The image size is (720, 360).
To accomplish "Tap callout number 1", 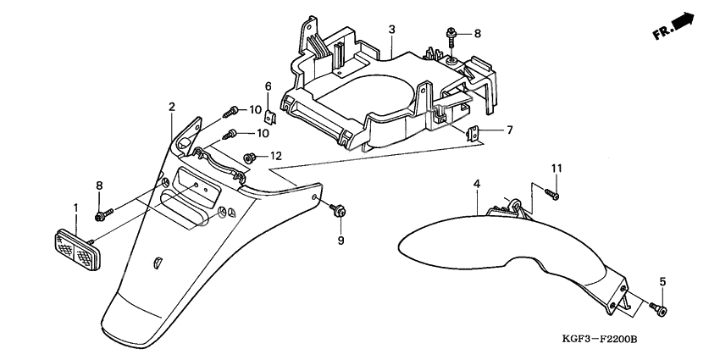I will click(x=75, y=208).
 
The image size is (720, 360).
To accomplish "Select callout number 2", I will click(x=171, y=107).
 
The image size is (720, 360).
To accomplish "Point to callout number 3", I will click(x=392, y=30).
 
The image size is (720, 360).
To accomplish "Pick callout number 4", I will click(x=477, y=184).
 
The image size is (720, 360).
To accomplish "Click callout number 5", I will click(x=662, y=281).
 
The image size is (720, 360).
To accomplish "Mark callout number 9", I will click(x=341, y=241).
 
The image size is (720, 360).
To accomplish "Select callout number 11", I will click(x=557, y=169).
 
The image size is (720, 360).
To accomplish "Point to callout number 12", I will click(x=275, y=156).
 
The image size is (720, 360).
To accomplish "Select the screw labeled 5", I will click(x=661, y=309).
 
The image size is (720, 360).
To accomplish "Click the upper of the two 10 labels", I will click(x=255, y=110).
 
